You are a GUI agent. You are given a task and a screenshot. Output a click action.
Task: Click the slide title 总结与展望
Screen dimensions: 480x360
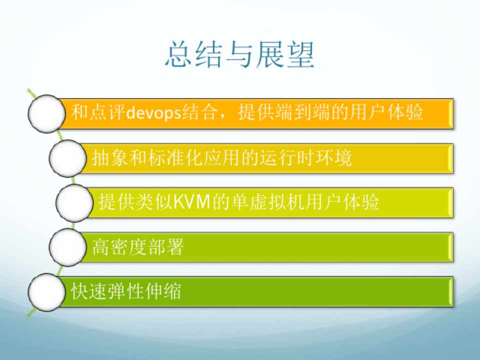(239, 54)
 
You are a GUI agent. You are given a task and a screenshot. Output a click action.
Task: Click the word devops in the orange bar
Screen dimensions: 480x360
(154, 112)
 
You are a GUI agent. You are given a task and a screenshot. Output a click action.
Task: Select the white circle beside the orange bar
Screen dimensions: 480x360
(46, 113)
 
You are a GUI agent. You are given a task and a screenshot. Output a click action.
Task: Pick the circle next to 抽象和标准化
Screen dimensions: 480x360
(67, 158)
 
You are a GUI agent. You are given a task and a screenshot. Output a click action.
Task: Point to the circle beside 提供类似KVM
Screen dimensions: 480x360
(74, 203)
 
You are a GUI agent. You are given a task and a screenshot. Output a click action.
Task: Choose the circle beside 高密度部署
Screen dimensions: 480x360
(67, 247)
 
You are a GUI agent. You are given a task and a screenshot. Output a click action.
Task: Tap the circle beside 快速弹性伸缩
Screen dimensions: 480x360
(46, 292)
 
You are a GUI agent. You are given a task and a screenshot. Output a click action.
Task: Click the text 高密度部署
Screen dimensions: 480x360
(138, 247)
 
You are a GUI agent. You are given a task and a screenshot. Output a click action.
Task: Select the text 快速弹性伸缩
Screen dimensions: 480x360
(126, 291)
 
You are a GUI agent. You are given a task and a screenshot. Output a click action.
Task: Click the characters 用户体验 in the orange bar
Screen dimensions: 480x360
(386, 111)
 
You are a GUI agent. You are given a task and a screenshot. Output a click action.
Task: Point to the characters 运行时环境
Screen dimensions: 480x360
(306, 157)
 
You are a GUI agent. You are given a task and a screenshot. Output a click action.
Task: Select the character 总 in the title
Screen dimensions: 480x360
(179, 54)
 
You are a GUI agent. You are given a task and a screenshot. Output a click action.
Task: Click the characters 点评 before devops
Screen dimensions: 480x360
(107, 111)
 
